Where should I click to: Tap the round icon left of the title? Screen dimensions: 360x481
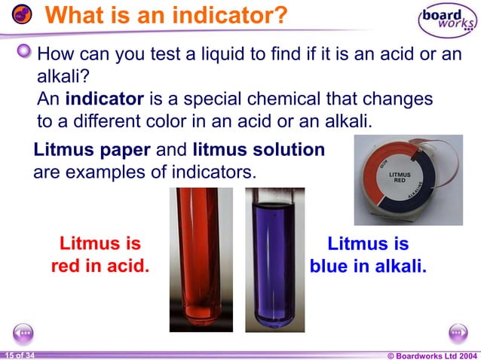coord(23,15)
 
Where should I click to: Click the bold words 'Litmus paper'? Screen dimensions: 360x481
coord(92,150)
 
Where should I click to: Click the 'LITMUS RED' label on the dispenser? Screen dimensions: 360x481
coord(400,178)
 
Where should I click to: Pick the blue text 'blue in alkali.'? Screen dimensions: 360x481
coord(368,266)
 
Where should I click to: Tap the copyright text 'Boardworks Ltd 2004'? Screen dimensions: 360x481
coord(437,354)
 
